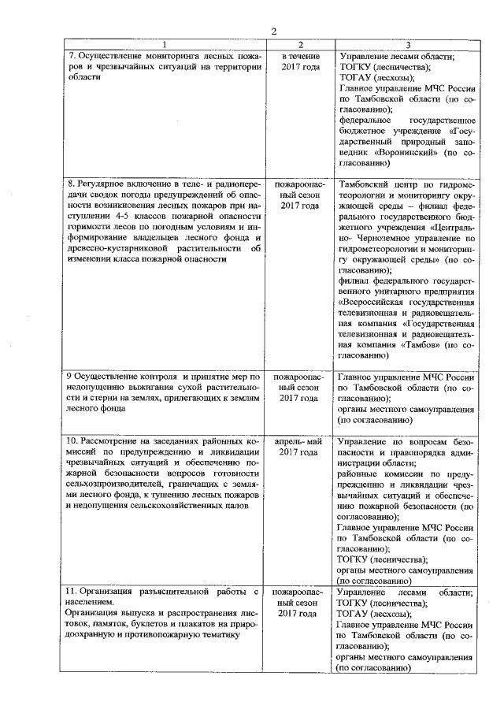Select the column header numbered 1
(164, 45)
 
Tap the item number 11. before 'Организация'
(72, 591)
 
